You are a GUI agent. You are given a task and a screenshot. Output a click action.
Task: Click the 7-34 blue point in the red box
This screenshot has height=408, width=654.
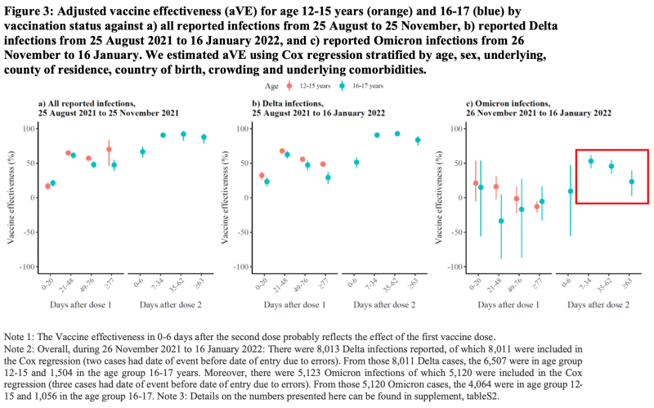pyautogui.click(x=591, y=161)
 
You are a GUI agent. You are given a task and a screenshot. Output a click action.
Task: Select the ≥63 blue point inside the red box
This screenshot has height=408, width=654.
pyautogui.click(x=631, y=182)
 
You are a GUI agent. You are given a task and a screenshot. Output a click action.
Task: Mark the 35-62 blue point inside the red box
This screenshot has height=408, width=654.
pyautogui.click(x=611, y=166)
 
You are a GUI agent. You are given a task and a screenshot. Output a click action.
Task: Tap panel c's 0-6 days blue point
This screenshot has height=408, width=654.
pyautogui.click(x=571, y=191)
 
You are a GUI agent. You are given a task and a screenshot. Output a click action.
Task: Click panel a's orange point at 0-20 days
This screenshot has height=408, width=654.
pyautogui.click(x=47, y=186)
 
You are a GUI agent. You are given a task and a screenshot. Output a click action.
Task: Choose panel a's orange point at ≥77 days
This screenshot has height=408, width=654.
pyautogui.click(x=109, y=150)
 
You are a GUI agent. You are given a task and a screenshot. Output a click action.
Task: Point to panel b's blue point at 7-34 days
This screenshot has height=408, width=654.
pyautogui.click(x=377, y=135)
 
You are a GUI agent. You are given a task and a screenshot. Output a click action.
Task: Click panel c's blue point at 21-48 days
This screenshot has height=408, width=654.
pyautogui.click(x=500, y=221)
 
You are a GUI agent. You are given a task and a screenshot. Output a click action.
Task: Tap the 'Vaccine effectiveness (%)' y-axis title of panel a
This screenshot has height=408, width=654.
pyautogui.click(x=11, y=197)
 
